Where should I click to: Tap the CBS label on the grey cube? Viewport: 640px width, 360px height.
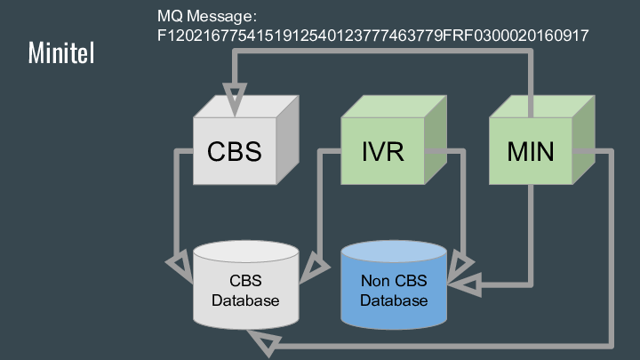pos(235,151)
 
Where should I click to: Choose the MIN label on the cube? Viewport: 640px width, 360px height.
pos(531,151)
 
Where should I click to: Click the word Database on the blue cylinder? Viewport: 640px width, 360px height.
pos(394,300)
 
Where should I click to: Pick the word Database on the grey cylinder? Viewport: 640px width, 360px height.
pos(246,300)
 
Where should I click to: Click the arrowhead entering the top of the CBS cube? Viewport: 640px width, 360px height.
pos(236,95)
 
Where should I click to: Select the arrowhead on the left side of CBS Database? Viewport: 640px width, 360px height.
pos(180,265)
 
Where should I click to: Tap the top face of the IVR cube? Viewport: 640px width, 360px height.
pos(394,106)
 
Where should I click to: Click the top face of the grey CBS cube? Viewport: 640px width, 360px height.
pos(246,106)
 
